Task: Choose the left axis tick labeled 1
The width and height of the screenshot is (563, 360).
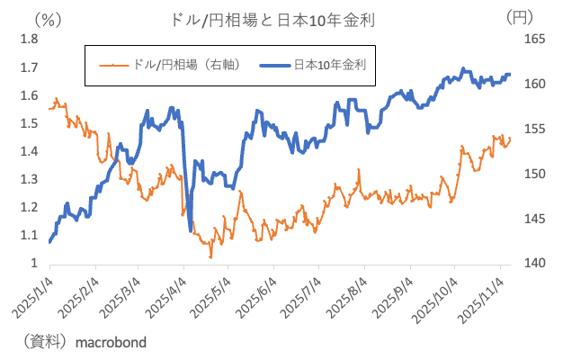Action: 33,264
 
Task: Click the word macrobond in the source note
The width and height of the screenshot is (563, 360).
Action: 112,343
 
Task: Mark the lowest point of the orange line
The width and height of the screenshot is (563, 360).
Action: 211,257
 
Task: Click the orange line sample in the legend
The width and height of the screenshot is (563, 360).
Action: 114,65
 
